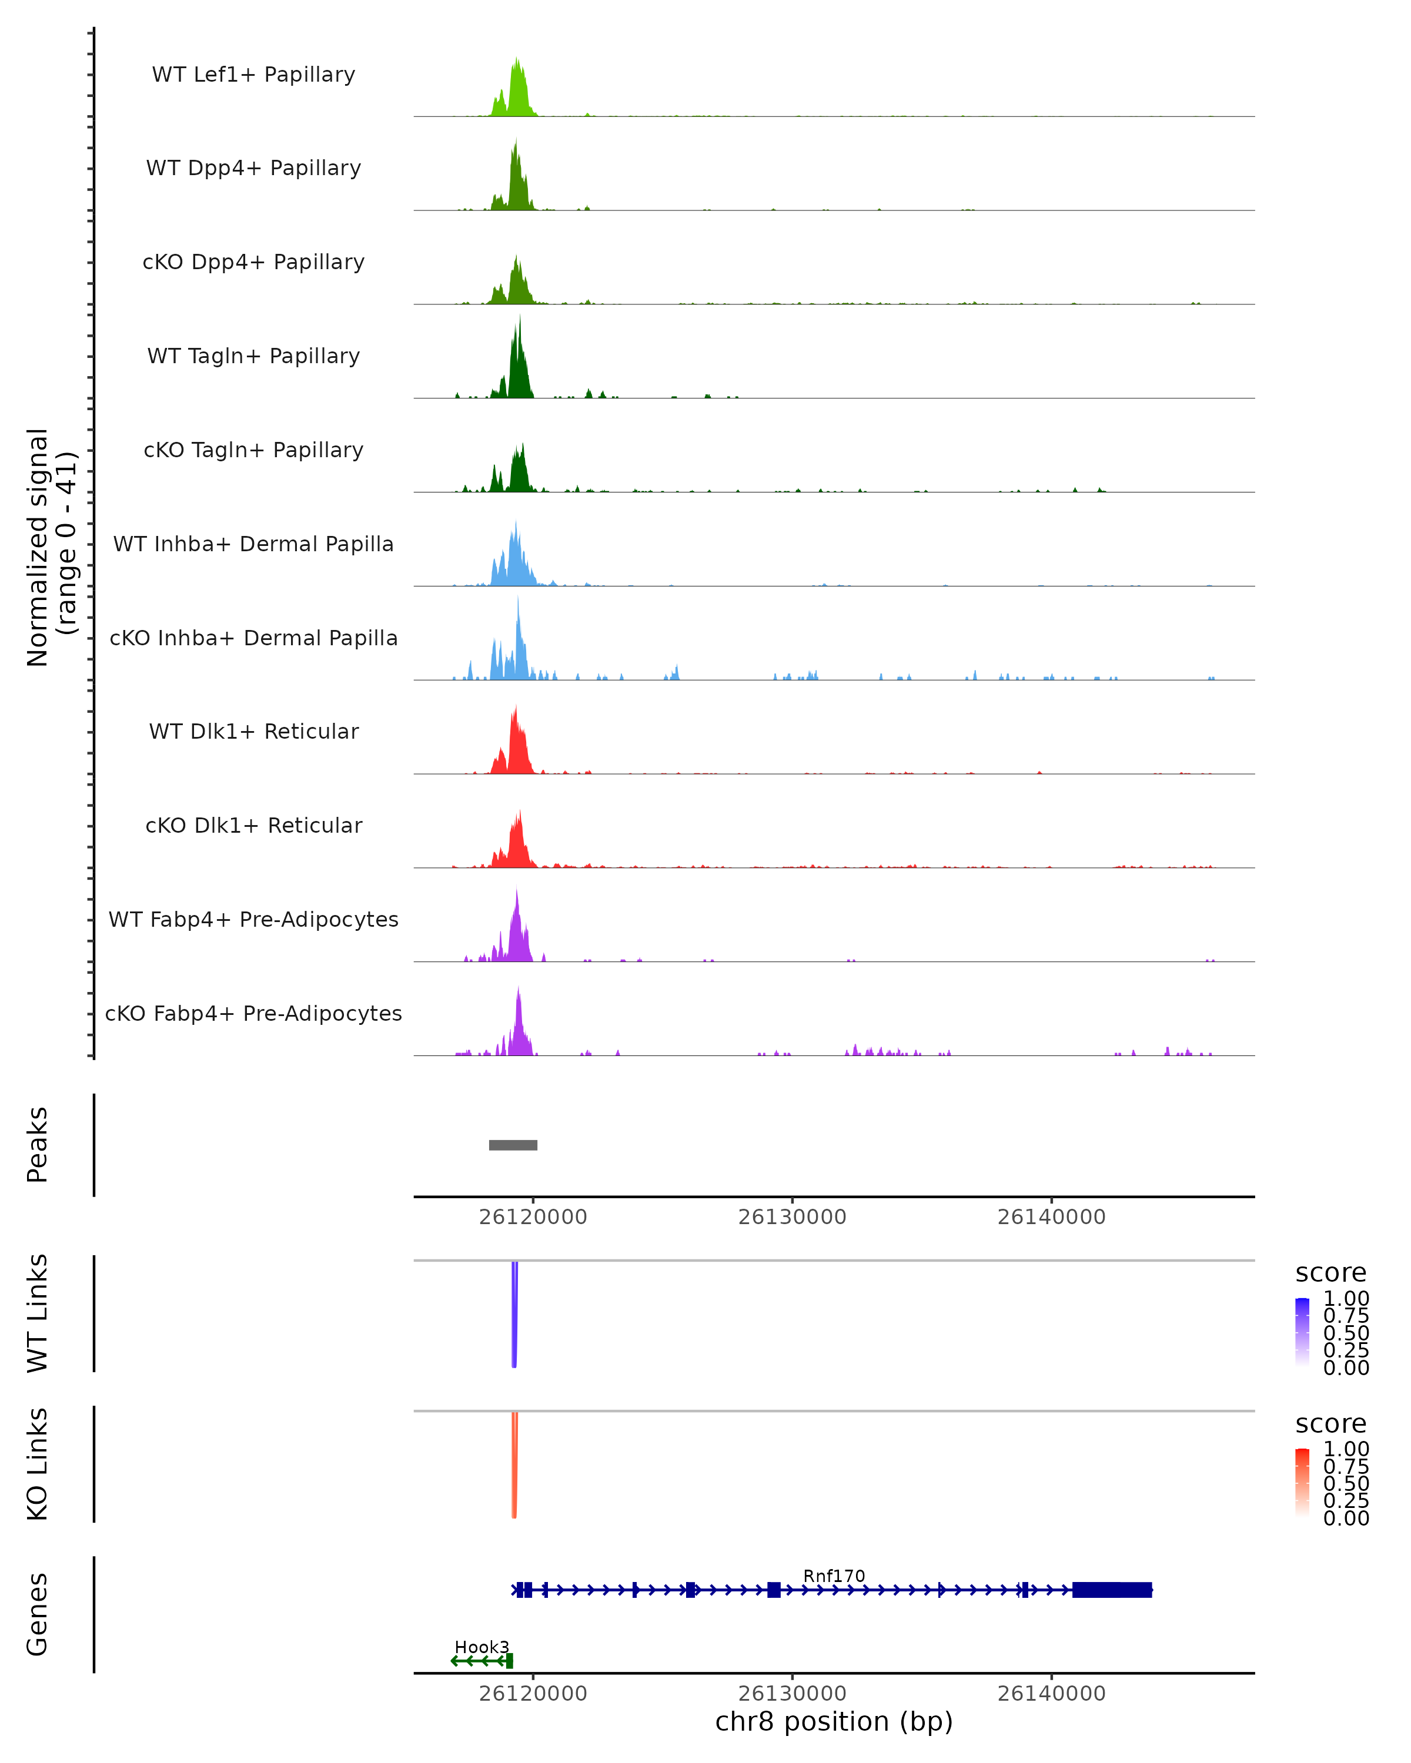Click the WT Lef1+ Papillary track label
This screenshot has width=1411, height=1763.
[253, 75]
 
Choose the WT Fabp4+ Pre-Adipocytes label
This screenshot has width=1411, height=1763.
[253, 919]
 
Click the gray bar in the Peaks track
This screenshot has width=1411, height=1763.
[513, 1145]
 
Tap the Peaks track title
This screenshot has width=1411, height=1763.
[38, 1145]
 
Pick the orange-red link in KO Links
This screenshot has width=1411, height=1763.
[514, 1464]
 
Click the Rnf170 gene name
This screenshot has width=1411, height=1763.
[834, 1576]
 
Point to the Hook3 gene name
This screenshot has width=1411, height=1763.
[482, 1647]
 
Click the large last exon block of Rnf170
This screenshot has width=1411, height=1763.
[1112, 1590]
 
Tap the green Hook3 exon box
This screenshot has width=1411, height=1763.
[510, 1661]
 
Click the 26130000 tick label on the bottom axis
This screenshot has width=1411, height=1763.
[792, 1694]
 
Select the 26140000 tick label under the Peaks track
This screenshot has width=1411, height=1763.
[1051, 1218]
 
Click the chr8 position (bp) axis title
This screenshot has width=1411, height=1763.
[834, 1722]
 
